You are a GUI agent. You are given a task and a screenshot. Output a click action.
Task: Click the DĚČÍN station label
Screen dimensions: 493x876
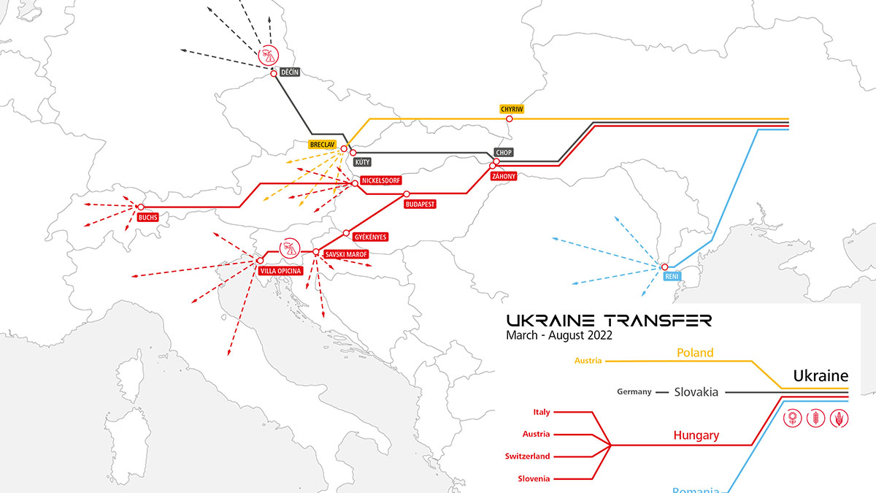pos(291,72)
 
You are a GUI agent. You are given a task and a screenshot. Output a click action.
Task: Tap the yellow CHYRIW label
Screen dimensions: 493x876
pos(512,109)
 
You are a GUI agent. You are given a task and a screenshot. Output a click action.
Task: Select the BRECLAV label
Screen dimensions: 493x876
pos(322,145)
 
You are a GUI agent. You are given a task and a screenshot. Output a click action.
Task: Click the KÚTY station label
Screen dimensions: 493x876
pos(361,162)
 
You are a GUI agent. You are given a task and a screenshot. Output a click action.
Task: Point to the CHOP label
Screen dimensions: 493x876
pos(504,153)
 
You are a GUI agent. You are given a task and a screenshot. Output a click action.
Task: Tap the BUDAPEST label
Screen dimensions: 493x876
pos(420,205)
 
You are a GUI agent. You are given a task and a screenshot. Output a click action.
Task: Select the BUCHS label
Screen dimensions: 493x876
pos(148,217)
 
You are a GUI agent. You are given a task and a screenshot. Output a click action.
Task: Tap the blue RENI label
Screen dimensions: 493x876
pos(672,278)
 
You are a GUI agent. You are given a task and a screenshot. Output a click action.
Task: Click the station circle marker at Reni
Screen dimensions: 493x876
pos(664,267)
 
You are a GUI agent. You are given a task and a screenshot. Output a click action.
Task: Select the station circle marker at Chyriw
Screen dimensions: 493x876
pos(510,118)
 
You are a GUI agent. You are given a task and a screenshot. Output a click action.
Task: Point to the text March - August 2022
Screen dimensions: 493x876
pos(558,336)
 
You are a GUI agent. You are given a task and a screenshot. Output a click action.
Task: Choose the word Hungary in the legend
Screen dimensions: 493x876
pos(696,435)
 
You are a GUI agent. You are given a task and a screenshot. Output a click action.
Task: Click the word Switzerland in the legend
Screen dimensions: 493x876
pos(527,456)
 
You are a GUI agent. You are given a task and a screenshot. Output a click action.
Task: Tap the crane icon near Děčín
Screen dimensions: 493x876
pos(268,55)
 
